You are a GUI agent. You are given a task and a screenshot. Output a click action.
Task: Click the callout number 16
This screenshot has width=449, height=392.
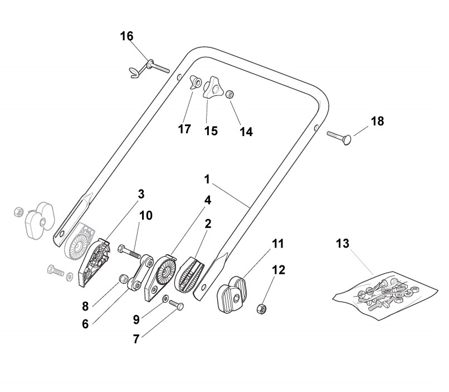coord(127,36)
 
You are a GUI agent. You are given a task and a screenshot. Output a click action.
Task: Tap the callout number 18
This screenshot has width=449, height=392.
coord(377,121)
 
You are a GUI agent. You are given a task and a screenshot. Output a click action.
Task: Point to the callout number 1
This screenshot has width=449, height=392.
coord(207,180)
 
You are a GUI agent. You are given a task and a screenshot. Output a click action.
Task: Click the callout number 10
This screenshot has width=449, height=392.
coord(145,215)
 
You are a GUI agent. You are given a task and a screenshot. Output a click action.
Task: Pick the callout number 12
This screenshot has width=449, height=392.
coord(278,270)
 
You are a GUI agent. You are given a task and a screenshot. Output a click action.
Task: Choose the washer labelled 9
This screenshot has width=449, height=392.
coord(166,299)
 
